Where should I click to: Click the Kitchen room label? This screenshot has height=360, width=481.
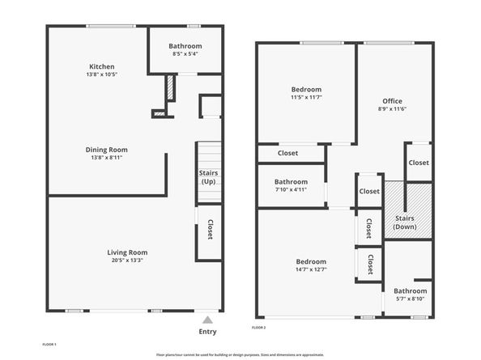[102, 66]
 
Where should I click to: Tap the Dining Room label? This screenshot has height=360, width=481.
[106, 150]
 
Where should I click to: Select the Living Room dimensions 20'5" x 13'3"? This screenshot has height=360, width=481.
[127, 260]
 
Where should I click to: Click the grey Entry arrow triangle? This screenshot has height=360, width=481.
[207, 320]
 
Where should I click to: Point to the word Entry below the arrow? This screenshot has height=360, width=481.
[207, 332]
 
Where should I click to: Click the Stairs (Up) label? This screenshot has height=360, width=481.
[208, 177]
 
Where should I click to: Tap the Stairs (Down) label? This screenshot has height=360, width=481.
[405, 222]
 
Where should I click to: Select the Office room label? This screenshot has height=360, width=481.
[393, 101]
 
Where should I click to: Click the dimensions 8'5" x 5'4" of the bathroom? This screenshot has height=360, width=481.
[185, 54]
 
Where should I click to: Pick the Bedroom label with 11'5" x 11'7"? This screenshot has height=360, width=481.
[306, 90]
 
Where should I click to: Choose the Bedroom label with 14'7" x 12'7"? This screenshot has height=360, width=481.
[311, 261]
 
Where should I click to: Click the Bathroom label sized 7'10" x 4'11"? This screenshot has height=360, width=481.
[292, 182]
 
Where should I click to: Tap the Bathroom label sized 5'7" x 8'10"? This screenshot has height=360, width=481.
[410, 290]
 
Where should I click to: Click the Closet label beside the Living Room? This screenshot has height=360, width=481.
[211, 229]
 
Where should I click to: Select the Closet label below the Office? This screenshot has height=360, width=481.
[419, 163]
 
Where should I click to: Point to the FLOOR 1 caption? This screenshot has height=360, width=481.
[49, 345]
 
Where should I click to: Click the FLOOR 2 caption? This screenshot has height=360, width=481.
[258, 328]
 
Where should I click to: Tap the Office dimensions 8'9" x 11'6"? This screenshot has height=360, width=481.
[393, 108]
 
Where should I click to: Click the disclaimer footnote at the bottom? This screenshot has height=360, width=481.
[240, 355]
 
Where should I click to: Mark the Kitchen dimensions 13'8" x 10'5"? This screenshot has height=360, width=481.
[102, 74]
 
